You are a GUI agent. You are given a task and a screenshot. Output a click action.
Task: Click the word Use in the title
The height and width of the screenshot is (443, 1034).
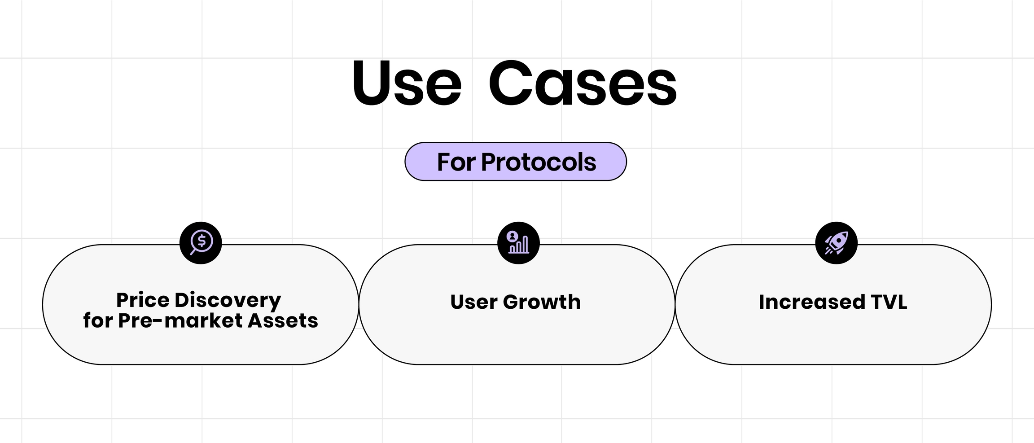pyautogui.click(x=407, y=83)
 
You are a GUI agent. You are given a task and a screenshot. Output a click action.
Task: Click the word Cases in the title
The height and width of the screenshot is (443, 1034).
pyautogui.click(x=583, y=83)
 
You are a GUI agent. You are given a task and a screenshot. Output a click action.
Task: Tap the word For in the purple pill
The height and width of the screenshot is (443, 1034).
pyautogui.click(x=456, y=162)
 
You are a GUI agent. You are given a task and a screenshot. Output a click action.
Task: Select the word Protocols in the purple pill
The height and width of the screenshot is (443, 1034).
pyautogui.click(x=539, y=162)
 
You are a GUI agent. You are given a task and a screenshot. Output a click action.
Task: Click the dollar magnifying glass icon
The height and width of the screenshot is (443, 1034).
pyautogui.click(x=201, y=243)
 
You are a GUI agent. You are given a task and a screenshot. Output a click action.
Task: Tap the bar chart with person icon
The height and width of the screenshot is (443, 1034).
pyautogui.click(x=518, y=243)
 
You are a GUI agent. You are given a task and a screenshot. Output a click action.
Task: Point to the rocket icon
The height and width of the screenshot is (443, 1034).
pyautogui.click(x=836, y=243)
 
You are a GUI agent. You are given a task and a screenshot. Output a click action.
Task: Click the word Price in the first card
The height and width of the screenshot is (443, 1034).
pyautogui.click(x=142, y=300)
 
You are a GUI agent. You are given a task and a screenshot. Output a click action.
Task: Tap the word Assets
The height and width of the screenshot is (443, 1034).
pyautogui.click(x=283, y=320)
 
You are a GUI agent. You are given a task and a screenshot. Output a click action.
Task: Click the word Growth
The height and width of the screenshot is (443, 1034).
pyautogui.click(x=542, y=302)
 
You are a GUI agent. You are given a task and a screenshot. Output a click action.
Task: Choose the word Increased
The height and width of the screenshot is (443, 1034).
pyautogui.click(x=812, y=302)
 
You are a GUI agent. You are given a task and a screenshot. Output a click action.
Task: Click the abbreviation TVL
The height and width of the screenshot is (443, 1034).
pyautogui.click(x=889, y=302)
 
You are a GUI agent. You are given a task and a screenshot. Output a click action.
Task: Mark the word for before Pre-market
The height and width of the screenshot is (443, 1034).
pyautogui.click(x=98, y=320)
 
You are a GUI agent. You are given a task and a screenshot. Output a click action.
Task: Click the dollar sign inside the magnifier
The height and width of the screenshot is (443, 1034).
pyautogui.click(x=202, y=241)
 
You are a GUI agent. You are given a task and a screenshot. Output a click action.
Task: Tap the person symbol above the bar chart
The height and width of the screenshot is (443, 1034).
pyautogui.click(x=512, y=236)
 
